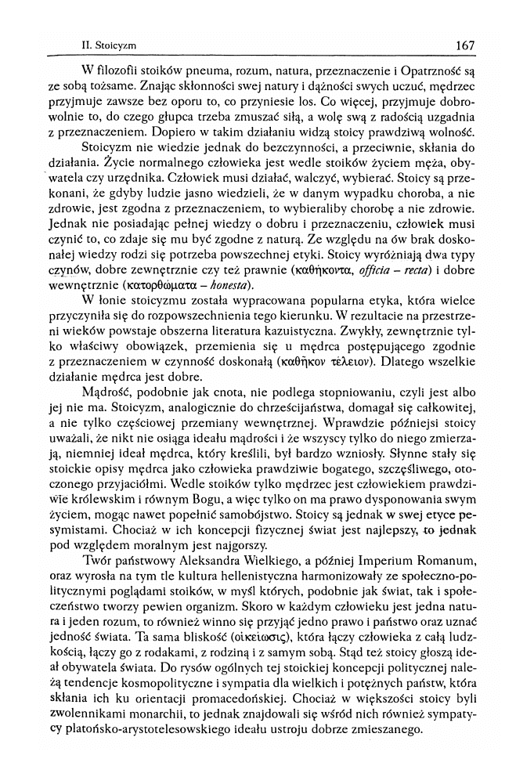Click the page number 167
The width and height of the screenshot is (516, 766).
(x=464, y=45)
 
